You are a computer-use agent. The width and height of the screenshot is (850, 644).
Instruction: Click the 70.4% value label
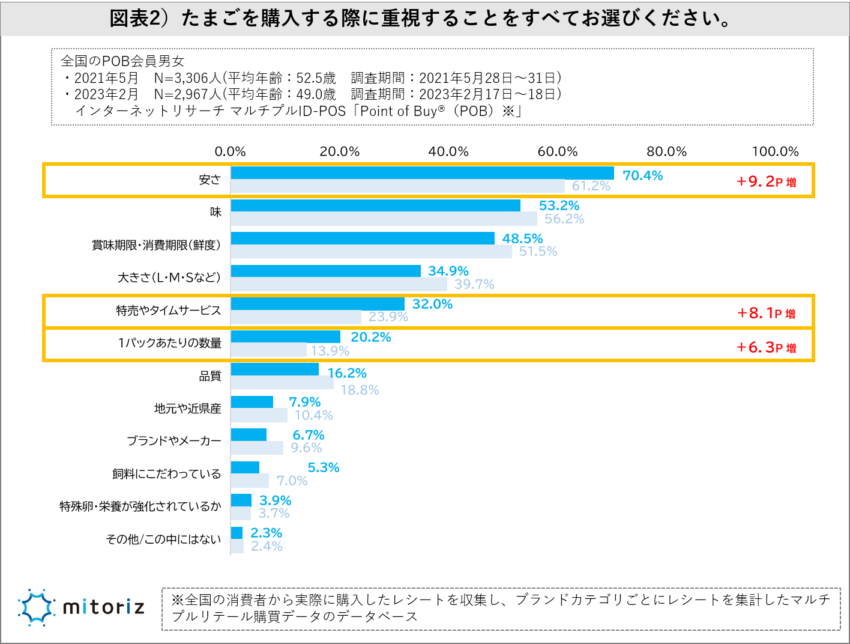pyautogui.click(x=642, y=175)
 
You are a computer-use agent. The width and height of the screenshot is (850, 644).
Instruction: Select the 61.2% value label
pyautogui.click(x=591, y=186)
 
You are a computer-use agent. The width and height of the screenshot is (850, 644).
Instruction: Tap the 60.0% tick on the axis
pyautogui.click(x=557, y=151)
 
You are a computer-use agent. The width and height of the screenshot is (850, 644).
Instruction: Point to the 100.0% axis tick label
pyautogui.click(x=775, y=151)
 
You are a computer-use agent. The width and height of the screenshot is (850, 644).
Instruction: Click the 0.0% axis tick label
pyautogui.click(x=231, y=151)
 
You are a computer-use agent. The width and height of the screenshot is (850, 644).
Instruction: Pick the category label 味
pyautogui.click(x=216, y=212)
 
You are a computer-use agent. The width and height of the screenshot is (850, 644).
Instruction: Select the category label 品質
pyautogui.click(x=210, y=376)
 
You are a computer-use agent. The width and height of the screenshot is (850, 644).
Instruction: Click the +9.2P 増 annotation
pyautogui.click(x=766, y=181)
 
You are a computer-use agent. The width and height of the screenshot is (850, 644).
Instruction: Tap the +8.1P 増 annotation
pyautogui.click(x=766, y=313)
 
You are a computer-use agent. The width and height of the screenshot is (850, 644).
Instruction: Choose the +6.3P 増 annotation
pyautogui.click(x=766, y=347)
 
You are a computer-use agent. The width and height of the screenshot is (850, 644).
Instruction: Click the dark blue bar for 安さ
pyautogui.click(x=422, y=173)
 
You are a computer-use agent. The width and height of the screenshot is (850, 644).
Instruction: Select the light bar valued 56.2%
pyautogui.click(x=384, y=219)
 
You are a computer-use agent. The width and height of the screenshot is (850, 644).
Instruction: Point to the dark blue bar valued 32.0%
pyautogui.click(x=318, y=304)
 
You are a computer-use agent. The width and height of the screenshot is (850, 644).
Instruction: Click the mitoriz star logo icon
pyautogui.click(x=37, y=607)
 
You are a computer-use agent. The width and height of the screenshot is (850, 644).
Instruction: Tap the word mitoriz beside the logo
pyautogui.click(x=104, y=607)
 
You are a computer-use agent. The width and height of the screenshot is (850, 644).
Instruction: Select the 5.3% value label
pyautogui.click(x=323, y=467)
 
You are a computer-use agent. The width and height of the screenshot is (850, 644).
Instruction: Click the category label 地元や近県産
pyautogui.click(x=188, y=409)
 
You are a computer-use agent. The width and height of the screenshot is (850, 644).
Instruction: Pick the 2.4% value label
pyautogui.click(x=267, y=546)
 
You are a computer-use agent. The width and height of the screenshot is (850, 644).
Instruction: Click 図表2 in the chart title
pyautogui.click(x=136, y=19)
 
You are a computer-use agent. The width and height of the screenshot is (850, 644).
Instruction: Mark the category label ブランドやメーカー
pyautogui.click(x=174, y=441)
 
